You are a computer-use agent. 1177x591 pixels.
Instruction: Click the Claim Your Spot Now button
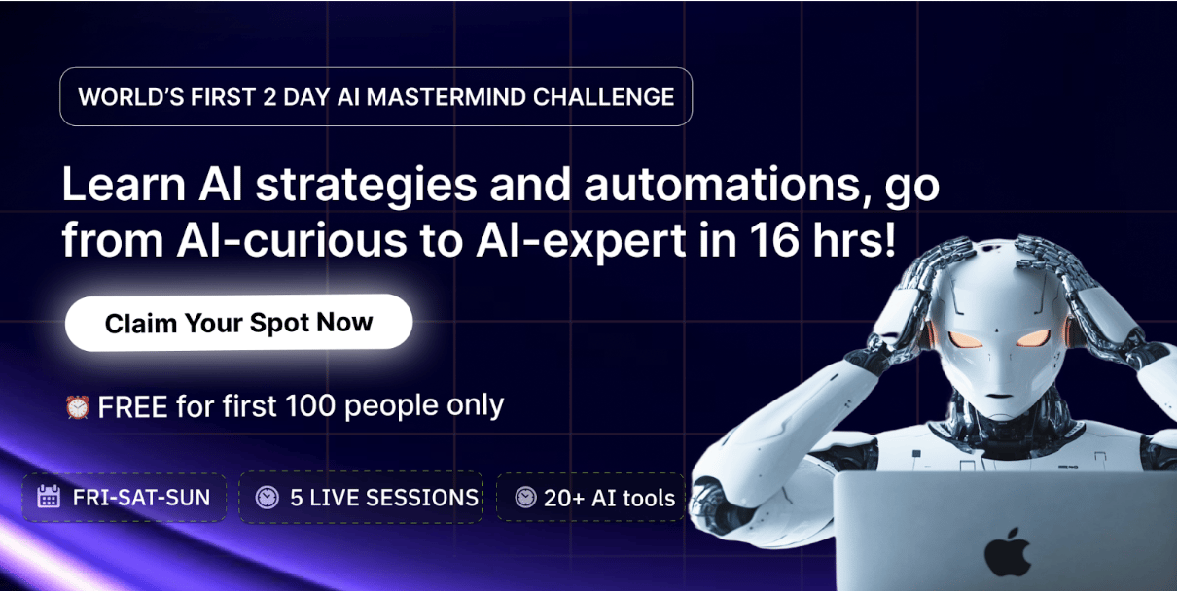click(x=238, y=323)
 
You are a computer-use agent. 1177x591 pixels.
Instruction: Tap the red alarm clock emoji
click(x=77, y=406)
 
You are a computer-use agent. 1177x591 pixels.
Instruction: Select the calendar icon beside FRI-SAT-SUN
click(x=49, y=497)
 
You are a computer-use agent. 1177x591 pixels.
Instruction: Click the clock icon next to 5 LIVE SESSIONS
click(x=267, y=497)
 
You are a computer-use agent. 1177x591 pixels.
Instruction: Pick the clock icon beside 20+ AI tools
click(x=525, y=497)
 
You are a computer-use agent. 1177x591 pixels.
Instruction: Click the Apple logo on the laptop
click(x=1008, y=553)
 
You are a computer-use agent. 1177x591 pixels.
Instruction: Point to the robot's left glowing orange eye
click(x=965, y=340)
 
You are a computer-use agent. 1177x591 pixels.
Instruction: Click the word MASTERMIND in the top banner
click(x=446, y=97)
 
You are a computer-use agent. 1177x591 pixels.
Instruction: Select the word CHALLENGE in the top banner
click(x=603, y=97)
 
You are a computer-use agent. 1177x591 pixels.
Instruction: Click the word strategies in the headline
click(x=367, y=186)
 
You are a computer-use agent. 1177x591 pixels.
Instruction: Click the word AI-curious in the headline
click(x=292, y=240)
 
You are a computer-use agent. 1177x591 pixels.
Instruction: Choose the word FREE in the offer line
click(x=132, y=406)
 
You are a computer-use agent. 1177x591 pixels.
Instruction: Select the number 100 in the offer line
click(x=310, y=406)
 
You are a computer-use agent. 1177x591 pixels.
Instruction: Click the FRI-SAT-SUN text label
click(x=141, y=497)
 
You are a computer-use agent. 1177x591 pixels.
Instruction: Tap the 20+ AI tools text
click(x=609, y=498)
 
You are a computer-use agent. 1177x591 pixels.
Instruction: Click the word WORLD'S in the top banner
click(x=131, y=97)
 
